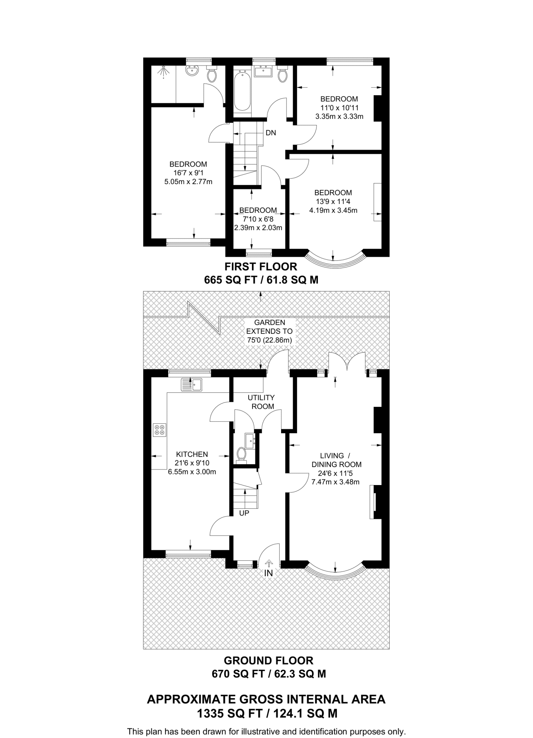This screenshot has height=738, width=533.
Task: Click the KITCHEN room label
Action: coord(192,454)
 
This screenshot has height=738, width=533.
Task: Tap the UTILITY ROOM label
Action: coord(261,402)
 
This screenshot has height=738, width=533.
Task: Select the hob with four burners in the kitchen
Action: coord(159,430)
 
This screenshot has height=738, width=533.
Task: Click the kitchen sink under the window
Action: coord(192,384)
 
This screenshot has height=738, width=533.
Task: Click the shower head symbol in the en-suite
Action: coord(164,72)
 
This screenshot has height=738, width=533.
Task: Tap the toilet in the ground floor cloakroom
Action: coord(241,455)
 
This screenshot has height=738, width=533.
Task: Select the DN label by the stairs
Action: coord(271,133)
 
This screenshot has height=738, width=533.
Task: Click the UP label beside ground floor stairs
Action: coord(244,513)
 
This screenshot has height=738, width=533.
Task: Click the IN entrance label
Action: coord(269,573)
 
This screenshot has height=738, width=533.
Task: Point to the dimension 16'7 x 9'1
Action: coord(188,173)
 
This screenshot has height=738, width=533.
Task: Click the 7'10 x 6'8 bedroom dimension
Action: coord(258,219)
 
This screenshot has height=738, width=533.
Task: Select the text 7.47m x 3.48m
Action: coord(335,482)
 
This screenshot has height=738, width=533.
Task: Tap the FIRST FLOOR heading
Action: coord(261,267)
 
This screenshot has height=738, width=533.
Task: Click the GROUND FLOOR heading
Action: coord(268,661)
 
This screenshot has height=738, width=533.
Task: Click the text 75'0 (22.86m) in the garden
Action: coord(269,340)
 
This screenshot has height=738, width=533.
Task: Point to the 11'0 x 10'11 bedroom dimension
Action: coord(339,108)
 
